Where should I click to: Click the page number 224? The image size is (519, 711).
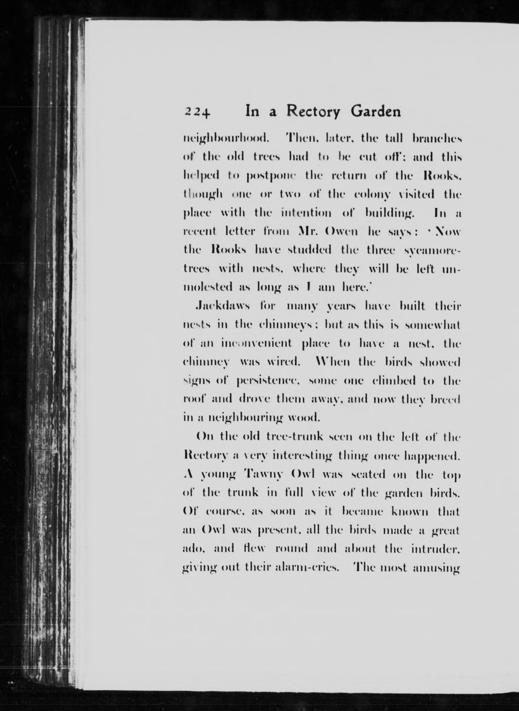(x=197, y=112)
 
